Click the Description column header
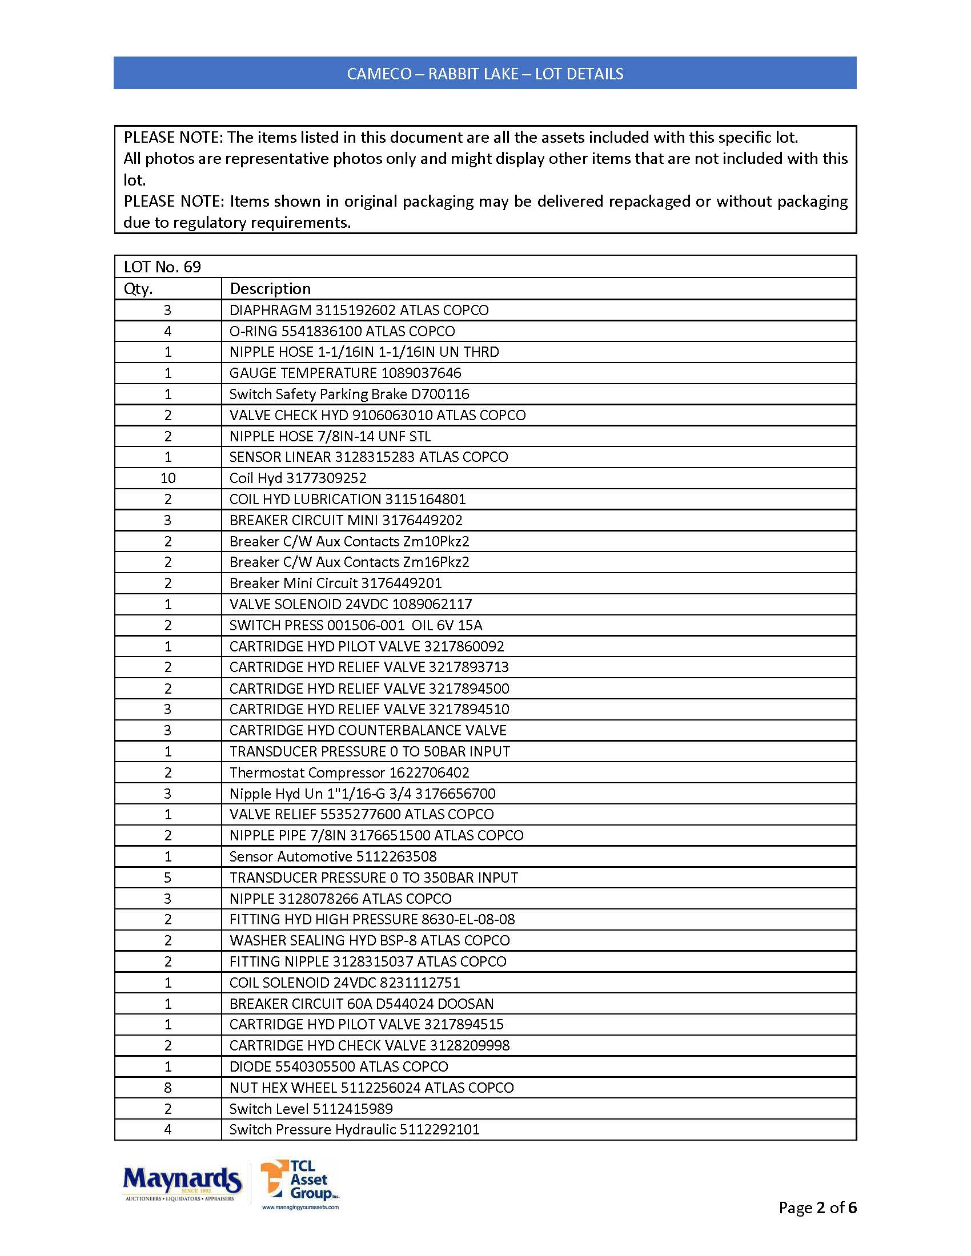[270, 289]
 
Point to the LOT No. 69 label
[162, 267]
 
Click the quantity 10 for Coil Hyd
[168, 478]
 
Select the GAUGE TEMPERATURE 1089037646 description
[345, 373]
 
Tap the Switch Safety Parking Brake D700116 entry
[349, 394]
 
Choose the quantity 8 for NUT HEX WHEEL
[168, 1088]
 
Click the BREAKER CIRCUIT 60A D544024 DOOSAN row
[361, 1004]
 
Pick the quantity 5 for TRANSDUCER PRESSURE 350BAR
[168, 877]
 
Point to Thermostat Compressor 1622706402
[349, 772]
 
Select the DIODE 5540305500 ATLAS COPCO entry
[338, 1067]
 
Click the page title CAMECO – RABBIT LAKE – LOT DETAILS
[485, 74]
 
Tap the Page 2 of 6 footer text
[817, 1207]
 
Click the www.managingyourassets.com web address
[300, 1207]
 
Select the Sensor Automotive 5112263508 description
[332, 856]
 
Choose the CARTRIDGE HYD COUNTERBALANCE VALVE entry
[368, 730]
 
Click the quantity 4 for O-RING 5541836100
[168, 331]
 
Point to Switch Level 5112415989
[311, 1109]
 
